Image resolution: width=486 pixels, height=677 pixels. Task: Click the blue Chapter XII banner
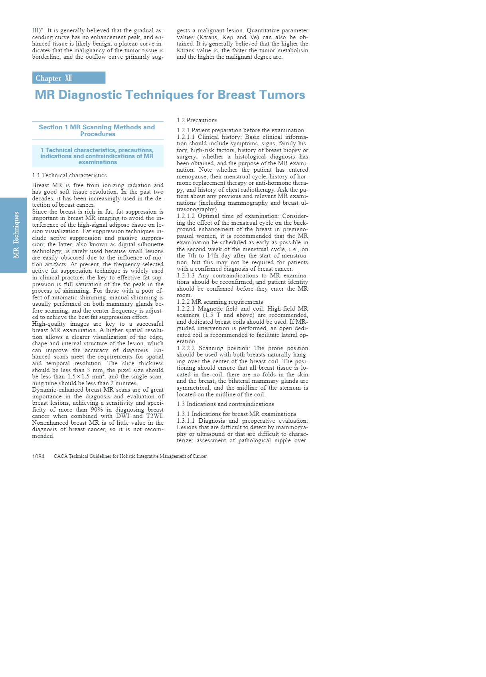click(x=69, y=78)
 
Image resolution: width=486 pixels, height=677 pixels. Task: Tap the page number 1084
click(x=38, y=456)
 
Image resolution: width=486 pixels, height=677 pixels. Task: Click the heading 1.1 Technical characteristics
click(x=69, y=175)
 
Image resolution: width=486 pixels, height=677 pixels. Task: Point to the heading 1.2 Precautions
click(x=197, y=120)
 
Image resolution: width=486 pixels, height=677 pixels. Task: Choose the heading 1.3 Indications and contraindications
click(x=225, y=404)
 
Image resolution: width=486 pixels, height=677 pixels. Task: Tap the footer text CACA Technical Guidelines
click(x=130, y=456)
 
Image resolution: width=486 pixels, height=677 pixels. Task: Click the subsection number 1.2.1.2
click(x=186, y=216)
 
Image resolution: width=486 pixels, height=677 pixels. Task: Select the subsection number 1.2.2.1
click(x=186, y=309)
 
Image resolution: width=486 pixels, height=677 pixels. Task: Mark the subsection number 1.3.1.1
click(x=186, y=421)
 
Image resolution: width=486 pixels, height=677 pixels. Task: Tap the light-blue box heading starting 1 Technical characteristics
click(x=97, y=156)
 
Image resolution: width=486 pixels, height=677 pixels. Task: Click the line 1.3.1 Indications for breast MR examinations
click(x=236, y=414)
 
